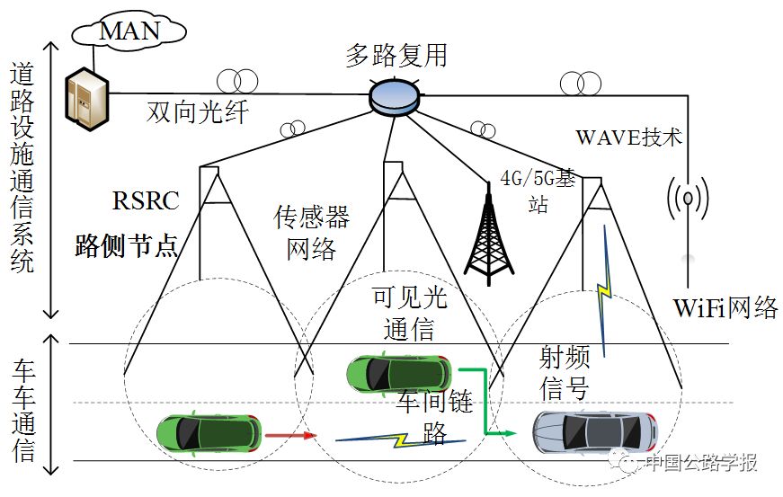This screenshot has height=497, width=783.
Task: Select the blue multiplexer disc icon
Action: [x=396, y=95]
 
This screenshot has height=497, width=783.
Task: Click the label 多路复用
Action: [x=396, y=56]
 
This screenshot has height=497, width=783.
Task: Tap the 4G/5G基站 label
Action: [x=538, y=191]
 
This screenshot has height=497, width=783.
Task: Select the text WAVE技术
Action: [x=628, y=138]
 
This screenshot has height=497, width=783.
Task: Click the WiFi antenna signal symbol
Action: [x=686, y=198]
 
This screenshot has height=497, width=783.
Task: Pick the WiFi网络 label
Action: [x=725, y=307]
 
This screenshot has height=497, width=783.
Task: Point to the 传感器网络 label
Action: [x=311, y=232]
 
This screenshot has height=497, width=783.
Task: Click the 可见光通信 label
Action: [x=409, y=313]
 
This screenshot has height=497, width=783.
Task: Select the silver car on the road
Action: [x=593, y=432]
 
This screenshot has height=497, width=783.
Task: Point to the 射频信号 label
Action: [x=564, y=374]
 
